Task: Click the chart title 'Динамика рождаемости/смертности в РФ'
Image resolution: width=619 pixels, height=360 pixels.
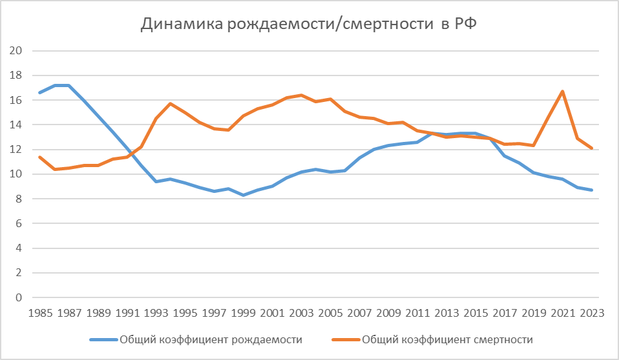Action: pos(309,25)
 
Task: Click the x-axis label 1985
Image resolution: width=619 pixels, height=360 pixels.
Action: pos(40,313)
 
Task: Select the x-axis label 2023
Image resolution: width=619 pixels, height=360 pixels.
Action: pos(592,313)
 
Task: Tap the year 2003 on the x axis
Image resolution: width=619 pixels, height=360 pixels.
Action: pos(301,313)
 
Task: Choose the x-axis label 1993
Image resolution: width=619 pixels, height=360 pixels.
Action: pos(156,313)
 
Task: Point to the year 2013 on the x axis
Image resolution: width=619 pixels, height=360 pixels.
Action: pos(447,313)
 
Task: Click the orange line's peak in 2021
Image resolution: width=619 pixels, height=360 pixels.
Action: pos(563,91)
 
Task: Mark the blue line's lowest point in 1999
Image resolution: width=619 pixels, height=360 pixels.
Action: pos(243,195)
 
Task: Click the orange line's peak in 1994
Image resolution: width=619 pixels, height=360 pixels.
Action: pos(170,103)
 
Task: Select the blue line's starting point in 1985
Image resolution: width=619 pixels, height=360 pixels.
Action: pos(40,92)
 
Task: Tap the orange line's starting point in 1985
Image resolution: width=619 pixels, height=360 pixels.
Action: pos(40,157)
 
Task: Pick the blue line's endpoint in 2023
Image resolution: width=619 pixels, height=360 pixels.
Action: pos(592,190)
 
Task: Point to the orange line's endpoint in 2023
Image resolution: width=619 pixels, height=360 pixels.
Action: pos(592,148)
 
